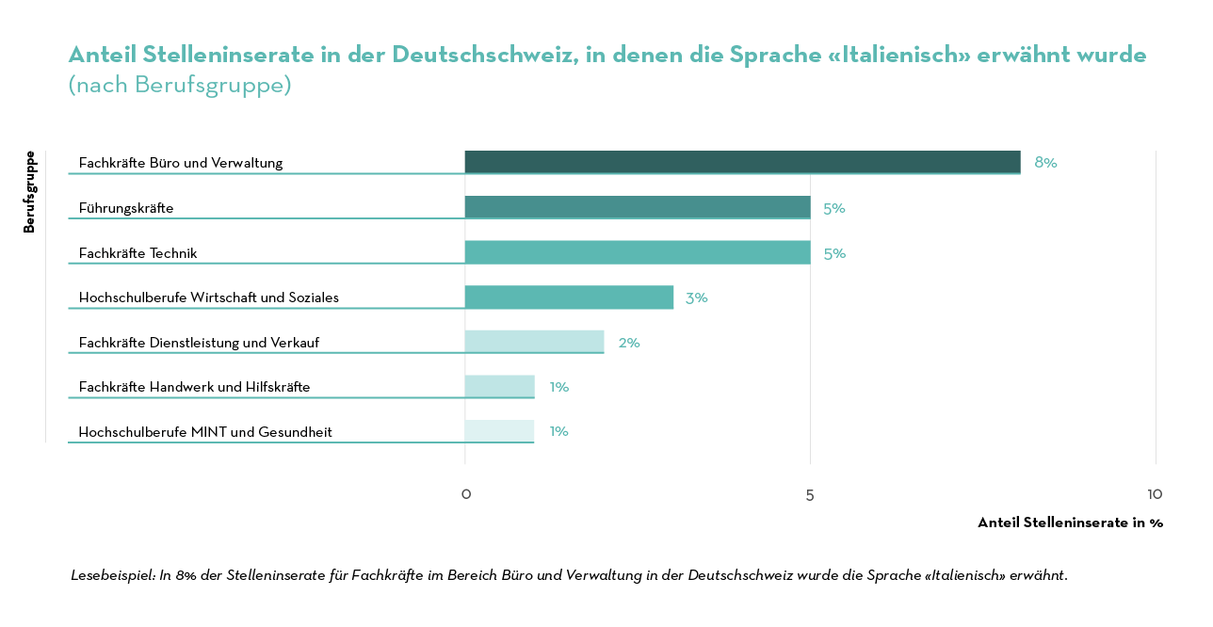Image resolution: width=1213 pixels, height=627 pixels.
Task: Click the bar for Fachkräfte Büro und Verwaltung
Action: tap(742, 162)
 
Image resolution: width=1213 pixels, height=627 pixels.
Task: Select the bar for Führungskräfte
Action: tap(638, 207)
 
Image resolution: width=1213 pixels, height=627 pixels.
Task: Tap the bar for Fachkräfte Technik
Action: tap(638, 252)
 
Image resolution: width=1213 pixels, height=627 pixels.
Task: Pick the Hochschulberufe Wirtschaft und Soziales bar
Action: tap(569, 297)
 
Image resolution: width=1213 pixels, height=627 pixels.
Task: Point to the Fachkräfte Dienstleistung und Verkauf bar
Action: tap(534, 342)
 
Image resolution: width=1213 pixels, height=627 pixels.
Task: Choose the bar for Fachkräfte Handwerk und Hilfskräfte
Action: tap(499, 387)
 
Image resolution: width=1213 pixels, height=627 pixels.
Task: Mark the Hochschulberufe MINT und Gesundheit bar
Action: tap(499, 431)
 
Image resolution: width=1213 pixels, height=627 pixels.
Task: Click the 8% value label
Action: tap(1045, 162)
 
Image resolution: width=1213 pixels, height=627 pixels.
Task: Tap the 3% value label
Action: tap(696, 297)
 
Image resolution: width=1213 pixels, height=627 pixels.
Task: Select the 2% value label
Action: tap(629, 343)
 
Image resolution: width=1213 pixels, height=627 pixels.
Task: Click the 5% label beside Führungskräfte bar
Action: tap(834, 208)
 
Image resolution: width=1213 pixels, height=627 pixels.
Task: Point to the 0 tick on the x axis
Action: tap(465, 494)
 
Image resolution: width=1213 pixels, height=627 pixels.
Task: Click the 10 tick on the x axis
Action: tap(1155, 494)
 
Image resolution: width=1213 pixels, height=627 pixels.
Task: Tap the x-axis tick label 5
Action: tap(810, 494)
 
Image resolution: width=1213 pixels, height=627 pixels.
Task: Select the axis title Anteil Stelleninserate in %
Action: tap(1070, 522)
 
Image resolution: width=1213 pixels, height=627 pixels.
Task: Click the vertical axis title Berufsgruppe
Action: tap(29, 192)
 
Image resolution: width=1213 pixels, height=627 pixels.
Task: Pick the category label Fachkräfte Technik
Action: tap(137, 252)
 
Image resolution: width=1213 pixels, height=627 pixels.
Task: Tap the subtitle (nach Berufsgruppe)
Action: tap(180, 85)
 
